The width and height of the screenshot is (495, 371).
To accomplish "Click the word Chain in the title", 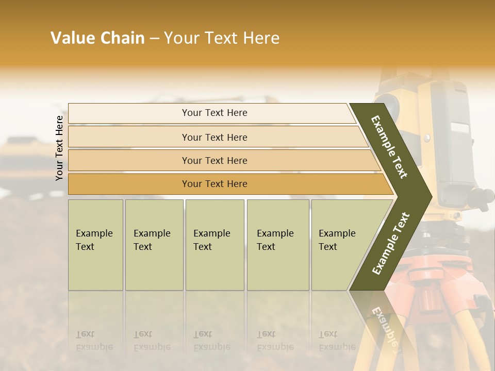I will (123, 38).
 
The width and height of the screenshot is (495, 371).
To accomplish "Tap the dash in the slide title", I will (154, 39).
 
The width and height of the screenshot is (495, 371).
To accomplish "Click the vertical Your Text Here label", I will (59, 148).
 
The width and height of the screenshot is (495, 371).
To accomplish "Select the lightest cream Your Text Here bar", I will (214, 113).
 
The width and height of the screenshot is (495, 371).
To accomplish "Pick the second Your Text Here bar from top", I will (214, 137).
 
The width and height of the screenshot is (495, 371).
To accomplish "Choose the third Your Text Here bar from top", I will (214, 160).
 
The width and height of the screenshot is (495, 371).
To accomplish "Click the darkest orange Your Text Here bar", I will (214, 184).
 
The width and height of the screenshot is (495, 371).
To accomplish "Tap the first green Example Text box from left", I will (95, 245).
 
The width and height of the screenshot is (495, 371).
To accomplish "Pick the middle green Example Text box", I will (214, 245).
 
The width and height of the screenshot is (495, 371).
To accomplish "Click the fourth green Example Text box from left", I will (278, 245).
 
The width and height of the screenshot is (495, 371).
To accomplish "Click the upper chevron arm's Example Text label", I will (389, 147).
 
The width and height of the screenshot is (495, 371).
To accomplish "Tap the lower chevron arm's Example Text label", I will (391, 243).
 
